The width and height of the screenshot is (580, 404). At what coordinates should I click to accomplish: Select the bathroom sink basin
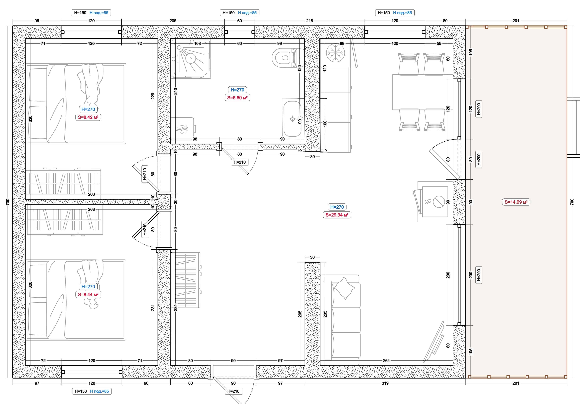tap(292, 119)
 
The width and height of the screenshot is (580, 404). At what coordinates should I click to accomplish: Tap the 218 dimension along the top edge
tap(309, 21)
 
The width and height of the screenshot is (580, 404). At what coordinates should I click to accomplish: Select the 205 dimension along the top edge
tap(173, 21)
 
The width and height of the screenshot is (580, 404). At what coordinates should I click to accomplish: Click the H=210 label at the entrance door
tap(233, 391)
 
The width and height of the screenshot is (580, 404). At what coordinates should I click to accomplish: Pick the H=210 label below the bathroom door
tap(240, 162)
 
